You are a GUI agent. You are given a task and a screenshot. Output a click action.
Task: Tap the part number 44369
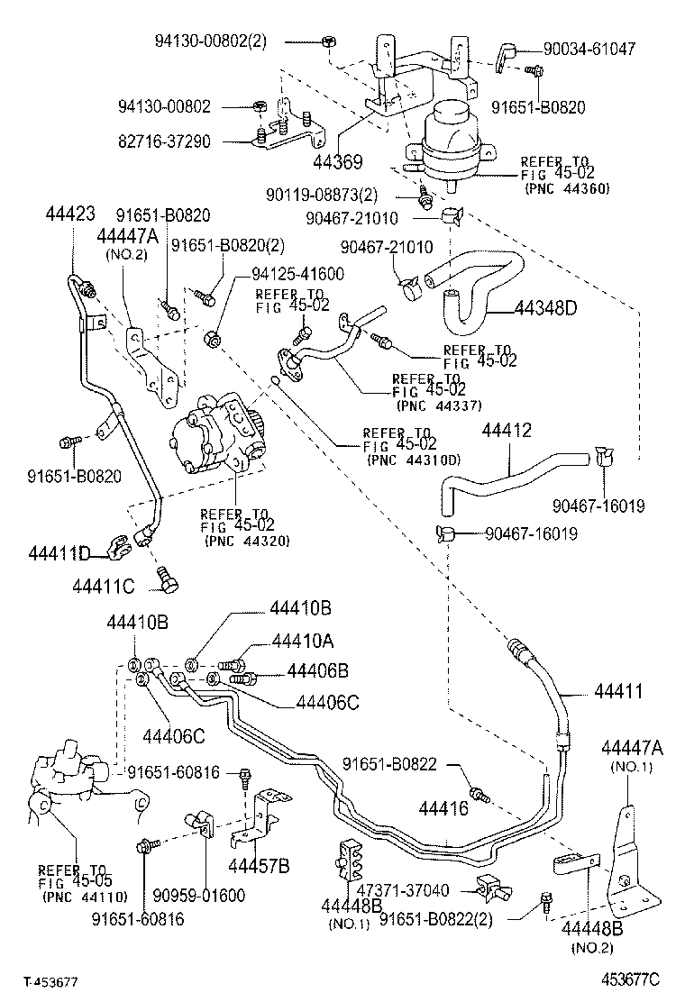click(x=338, y=161)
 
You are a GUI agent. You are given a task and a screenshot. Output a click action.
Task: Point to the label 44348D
click(x=545, y=307)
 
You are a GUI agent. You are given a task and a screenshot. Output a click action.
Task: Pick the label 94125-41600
click(x=273, y=273)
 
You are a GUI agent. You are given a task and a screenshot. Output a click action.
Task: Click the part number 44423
click(x=69, y=214)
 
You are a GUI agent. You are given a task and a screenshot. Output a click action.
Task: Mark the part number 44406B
click(x=318, y=670)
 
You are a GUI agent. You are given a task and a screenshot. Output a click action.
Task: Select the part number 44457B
click(x=259, y=866)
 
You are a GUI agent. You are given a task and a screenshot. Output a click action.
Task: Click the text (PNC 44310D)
click(x=414, y=460)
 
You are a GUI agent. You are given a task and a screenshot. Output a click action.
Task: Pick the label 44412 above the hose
click(x=506, y=430)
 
